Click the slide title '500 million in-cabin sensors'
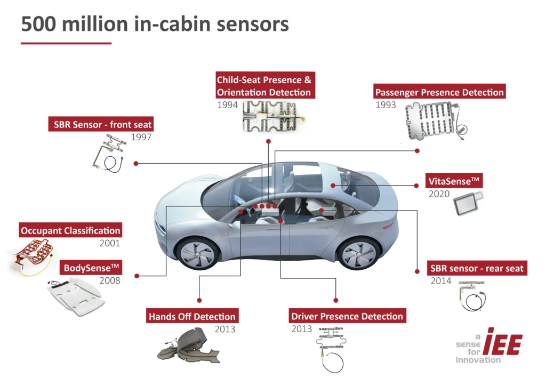[x=155, y=24]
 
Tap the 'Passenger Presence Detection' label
[x=439, y=92]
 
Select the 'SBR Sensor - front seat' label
[x=102, y=125]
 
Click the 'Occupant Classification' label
[x=70, y=231]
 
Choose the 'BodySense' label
[x=91, y=267]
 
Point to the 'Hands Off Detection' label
[x=192, y=316]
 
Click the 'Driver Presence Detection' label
[x=347, y=316]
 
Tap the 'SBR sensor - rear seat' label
[x=477, y=268]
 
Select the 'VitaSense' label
[x=453, y=181]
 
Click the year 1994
[x=228, y=105]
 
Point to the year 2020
[x=439, y=194]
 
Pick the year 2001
[x=110, y=244]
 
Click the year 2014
[x=441, y=281]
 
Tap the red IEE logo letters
[x=504, y=344]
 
